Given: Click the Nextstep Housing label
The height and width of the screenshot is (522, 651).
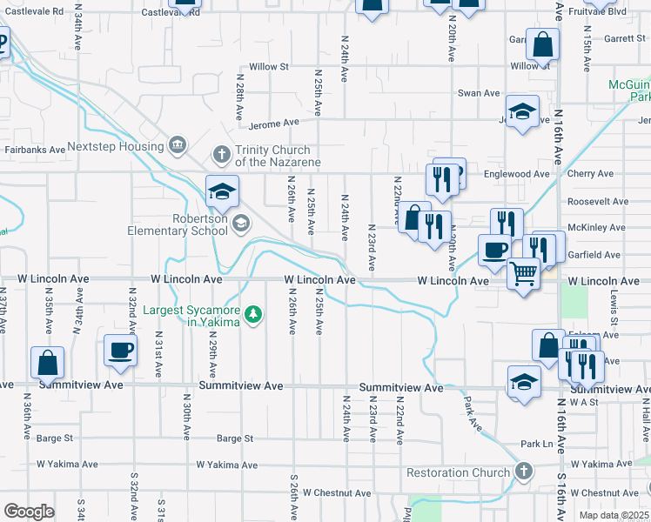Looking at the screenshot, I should [x=116, y=146].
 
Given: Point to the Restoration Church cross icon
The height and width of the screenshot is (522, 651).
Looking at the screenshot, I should [x=523, y=472].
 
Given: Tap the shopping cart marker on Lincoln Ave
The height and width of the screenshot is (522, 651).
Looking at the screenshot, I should [x=523, y=274].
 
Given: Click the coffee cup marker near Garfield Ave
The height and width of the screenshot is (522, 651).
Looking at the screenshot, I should [x=494, y=250].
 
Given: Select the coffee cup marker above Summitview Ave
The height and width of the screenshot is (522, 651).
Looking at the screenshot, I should [x=120, y=351].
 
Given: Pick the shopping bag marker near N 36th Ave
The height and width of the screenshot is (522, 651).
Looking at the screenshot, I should [x=47, y=362].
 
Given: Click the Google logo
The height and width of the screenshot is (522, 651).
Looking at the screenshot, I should [x=29, y=511].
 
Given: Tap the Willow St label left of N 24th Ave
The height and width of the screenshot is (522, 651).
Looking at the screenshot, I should [x=269, y=66].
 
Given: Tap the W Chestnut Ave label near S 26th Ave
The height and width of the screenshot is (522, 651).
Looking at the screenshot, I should [x=336, y=493].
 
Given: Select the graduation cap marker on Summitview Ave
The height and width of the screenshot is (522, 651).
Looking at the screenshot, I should [x=523, y=382].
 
